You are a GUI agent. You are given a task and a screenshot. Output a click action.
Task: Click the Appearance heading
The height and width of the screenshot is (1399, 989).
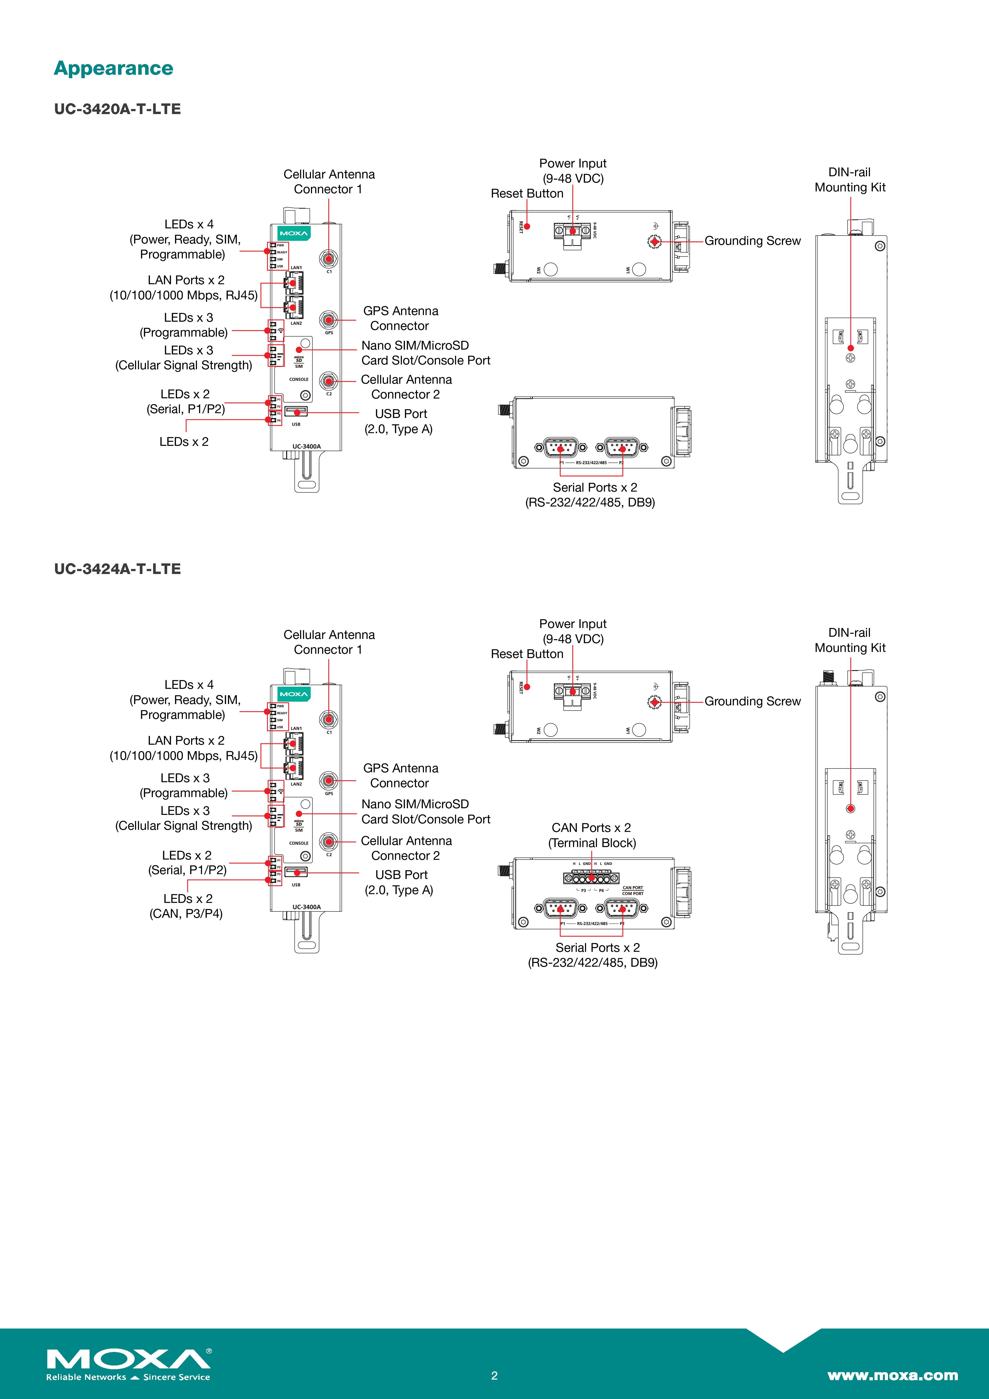(x=113, y=68)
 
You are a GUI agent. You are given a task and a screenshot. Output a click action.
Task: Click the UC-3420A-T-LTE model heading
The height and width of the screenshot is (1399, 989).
(x=117, y=109)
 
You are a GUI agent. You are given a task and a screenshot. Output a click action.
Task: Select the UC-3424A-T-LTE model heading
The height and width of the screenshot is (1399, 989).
(x=117, y=569)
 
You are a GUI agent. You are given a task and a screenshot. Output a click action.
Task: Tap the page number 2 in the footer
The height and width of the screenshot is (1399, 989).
(x=494, y=1375)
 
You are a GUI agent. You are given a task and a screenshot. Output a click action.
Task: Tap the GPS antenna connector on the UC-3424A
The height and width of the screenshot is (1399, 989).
(x=329, y=781)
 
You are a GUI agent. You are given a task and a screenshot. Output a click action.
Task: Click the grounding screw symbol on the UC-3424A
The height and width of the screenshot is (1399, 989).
(x=654, y=702)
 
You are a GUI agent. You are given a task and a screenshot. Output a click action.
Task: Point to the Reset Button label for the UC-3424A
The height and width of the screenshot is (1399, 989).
(x=527, y=654)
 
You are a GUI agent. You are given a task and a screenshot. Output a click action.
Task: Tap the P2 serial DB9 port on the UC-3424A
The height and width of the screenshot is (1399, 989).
(x=622, y=909)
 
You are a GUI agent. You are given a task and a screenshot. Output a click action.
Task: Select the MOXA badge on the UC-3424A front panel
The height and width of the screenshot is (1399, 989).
(x=293, y=694)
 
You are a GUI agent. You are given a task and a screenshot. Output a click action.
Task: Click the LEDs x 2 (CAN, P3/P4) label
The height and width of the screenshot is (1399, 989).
(x=186, y=906)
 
